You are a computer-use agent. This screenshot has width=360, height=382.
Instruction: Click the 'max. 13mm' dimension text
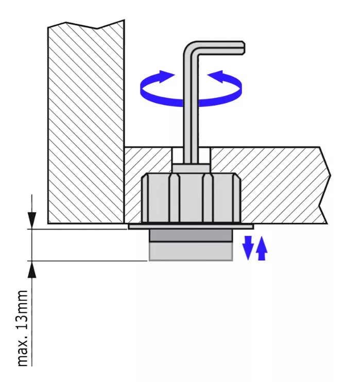(23, 328)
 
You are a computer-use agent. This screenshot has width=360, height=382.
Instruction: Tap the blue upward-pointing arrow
(262, 250)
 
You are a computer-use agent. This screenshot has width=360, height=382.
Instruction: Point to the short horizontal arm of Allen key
(221, 48)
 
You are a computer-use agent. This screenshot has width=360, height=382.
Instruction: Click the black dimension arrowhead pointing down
(32, 220)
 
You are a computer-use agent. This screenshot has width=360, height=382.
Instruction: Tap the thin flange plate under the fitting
(191, 226)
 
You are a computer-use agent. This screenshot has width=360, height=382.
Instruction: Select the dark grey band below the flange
(191, 235)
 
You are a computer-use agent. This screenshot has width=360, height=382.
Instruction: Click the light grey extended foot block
(191, 251)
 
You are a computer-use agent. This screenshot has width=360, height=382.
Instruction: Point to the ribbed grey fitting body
(191, 198)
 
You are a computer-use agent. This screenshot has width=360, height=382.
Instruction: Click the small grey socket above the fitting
(191, 168)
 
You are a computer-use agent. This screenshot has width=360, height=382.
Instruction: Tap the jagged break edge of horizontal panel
(326, 185)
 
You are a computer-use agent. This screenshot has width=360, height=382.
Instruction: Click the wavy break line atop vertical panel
(85, 25)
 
